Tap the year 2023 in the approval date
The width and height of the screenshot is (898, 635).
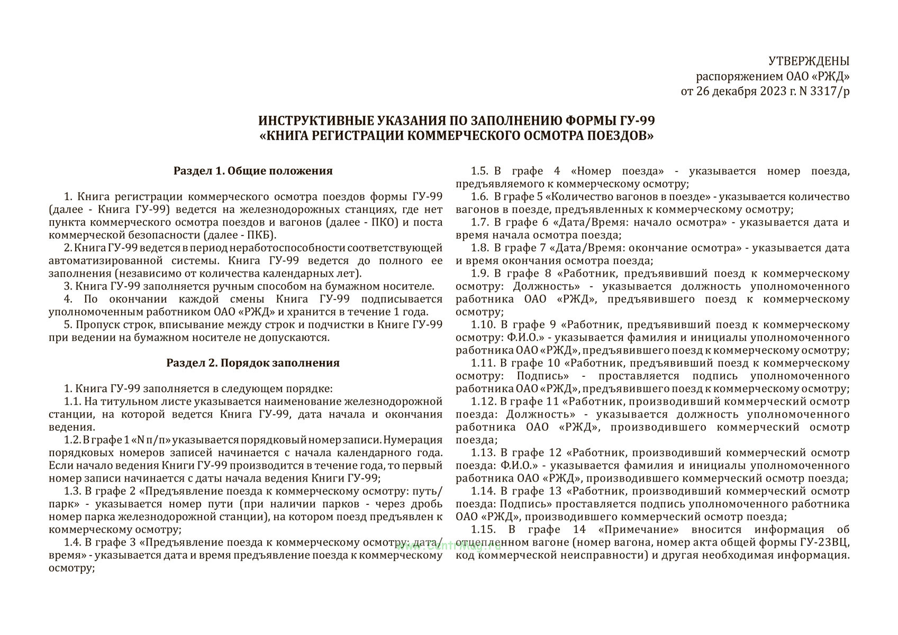[774, 92]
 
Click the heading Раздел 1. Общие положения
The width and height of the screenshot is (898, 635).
[253, 171]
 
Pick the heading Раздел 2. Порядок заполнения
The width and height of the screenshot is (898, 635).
[253, 363]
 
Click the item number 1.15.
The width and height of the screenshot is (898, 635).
[483, 530]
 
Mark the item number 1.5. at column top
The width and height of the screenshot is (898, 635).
[479, 171]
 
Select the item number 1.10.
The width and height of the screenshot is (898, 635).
[483, 324]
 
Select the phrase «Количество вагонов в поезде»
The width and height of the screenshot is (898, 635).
[628, 197]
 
